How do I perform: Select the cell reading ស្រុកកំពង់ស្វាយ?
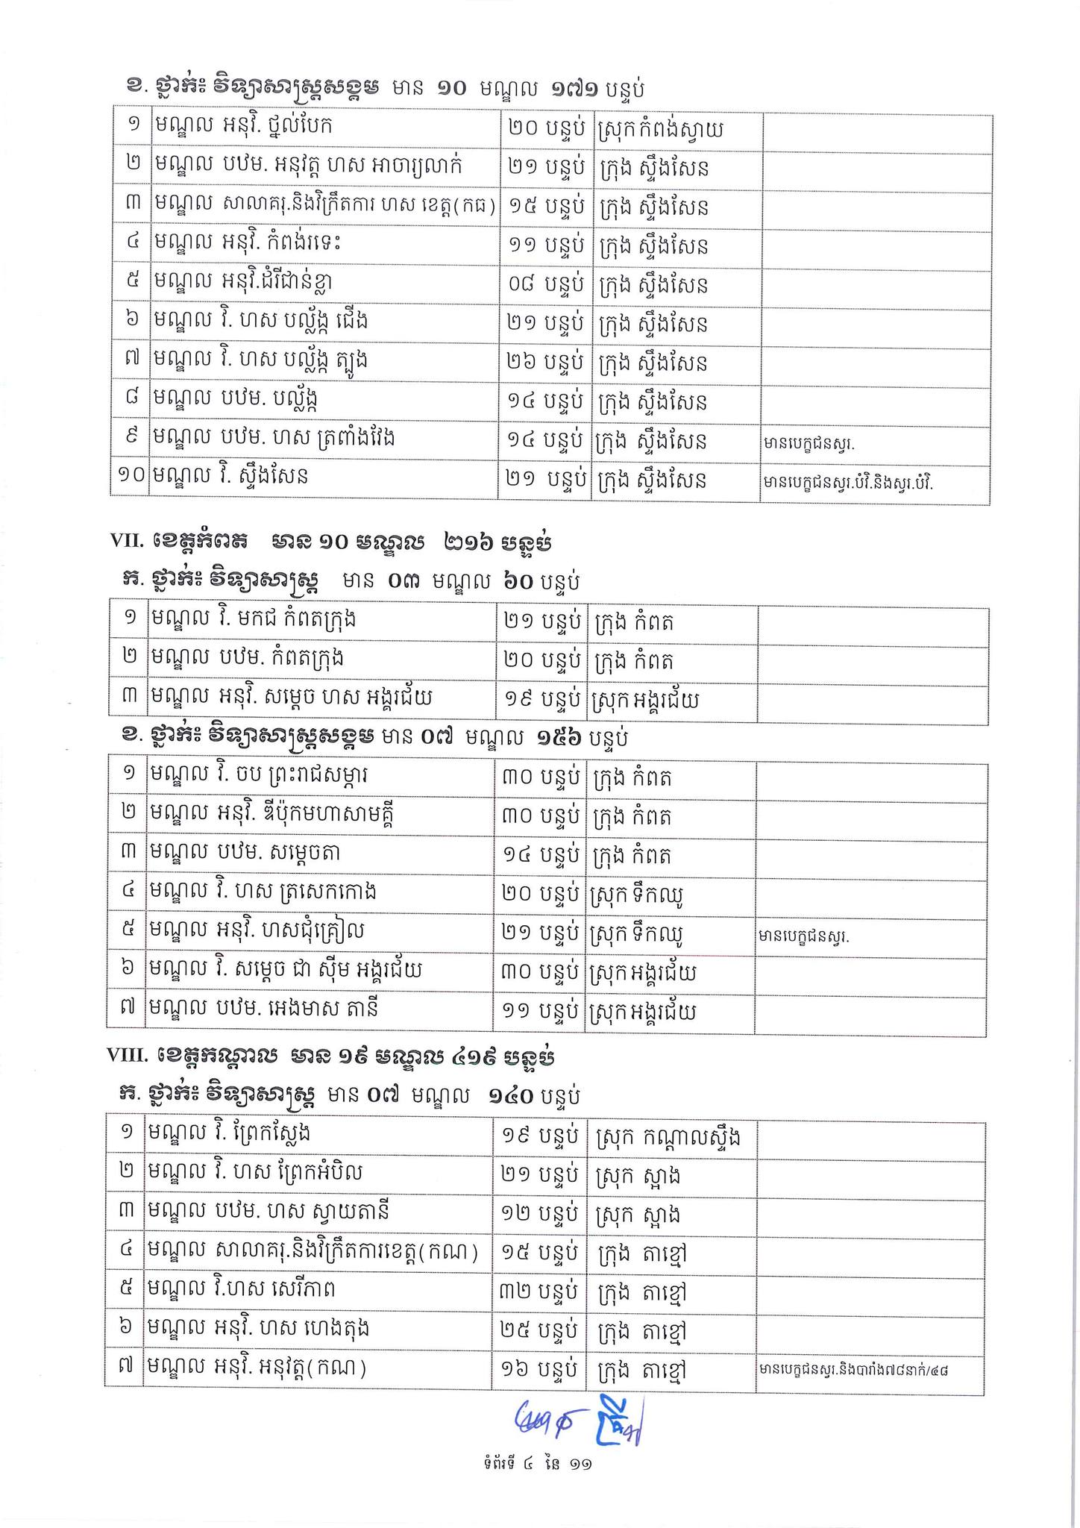tap(661, 131)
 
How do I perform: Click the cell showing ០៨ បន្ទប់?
tap(544, 286)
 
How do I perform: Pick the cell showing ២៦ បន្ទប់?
tap(544, 363)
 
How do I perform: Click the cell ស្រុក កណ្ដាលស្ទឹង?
tap(669, 1137)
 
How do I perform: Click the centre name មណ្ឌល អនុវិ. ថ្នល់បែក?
tap(242, 127)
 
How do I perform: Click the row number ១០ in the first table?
tap(130, 477)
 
